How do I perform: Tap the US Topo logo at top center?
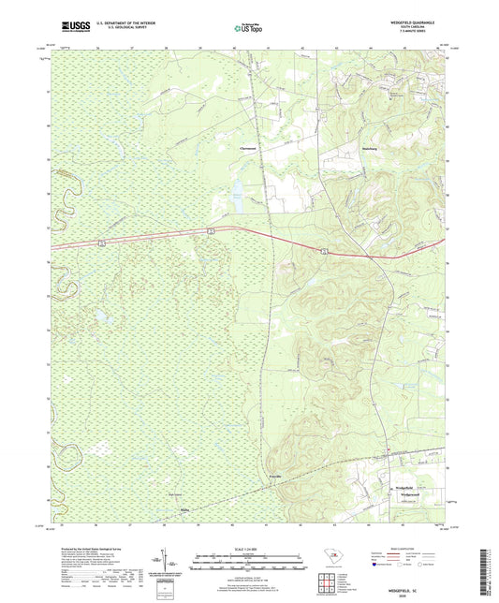click(249, 29)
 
